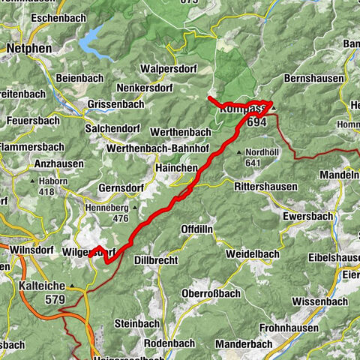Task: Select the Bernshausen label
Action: coord(315,78)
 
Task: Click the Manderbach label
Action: coord(243,343)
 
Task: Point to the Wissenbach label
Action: coord(320,301)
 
